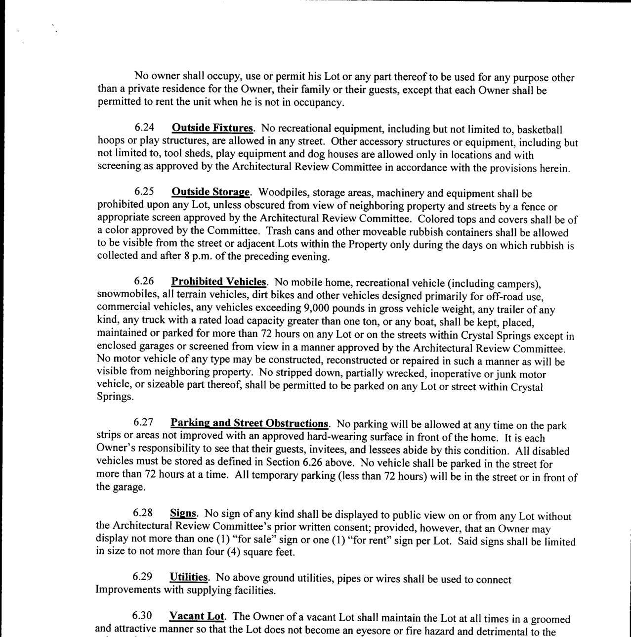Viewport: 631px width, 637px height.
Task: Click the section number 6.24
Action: tap(145, 128)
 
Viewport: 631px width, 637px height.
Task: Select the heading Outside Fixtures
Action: tap(212, 128)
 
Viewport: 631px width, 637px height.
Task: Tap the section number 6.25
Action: tap(145, 191)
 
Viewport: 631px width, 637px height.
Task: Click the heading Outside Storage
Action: tap(211, 192)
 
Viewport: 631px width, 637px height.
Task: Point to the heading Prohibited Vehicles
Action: tap(218, 281)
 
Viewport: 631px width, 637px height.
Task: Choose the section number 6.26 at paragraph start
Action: tap(144, 281)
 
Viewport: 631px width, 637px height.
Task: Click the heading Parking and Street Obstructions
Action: tap(249, 423)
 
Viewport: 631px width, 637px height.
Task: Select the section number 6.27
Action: tap(143, 422)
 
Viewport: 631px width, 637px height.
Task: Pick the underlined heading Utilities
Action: tap(189, 577)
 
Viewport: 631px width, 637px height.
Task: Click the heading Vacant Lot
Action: tap(196, 616)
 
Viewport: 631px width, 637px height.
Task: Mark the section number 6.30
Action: tap(142, 616)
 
